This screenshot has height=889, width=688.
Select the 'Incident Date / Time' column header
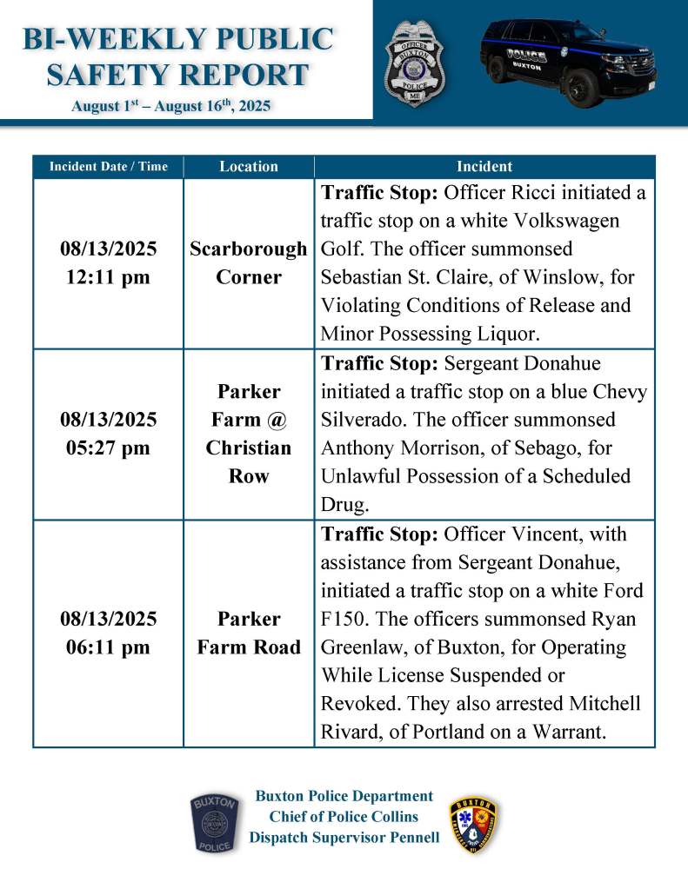tap(108, 166)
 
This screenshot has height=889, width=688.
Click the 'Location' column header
tap(249, 166)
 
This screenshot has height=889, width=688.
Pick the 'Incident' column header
tap(484, 166)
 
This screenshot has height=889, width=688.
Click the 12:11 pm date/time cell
tap(108, 263)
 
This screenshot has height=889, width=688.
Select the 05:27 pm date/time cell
tap(108, 434)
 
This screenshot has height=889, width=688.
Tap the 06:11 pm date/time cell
tap(108, 633)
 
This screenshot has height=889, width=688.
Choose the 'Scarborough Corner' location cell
tap(249, 263)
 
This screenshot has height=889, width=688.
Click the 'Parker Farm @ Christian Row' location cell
tap(249, 434)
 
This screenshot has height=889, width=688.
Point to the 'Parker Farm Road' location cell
tap(249, 633)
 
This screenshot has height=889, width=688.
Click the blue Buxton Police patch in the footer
tap(214, 823)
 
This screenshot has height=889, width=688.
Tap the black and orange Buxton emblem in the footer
tap(474, 824)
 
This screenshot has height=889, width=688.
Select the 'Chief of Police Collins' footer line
tap(344, 816)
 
